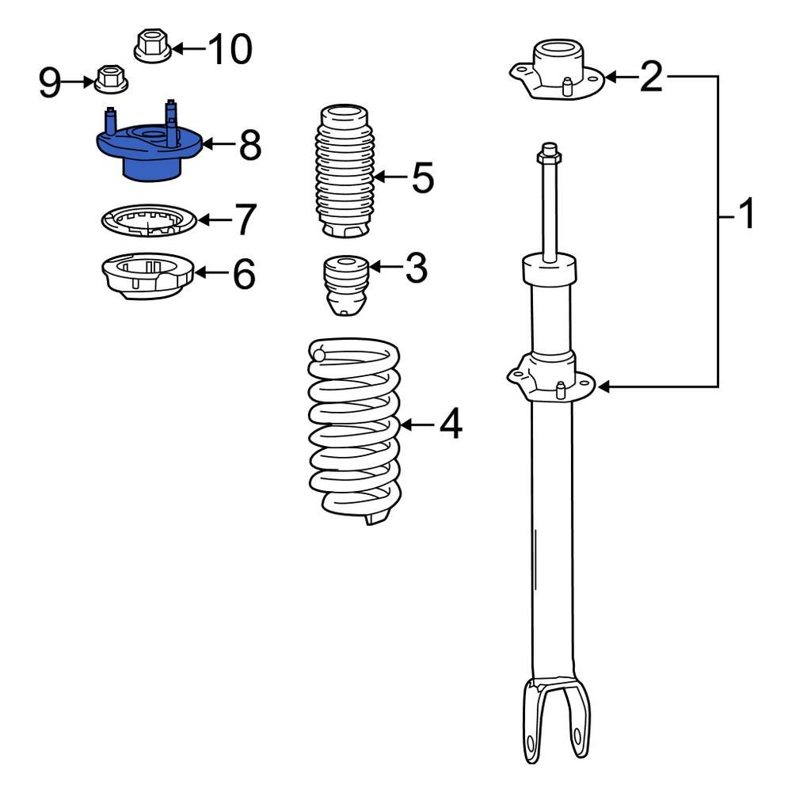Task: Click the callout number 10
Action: point(229,49)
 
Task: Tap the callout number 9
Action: point(50,82)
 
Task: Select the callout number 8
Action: point(249,146)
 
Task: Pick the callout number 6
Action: point(243,274)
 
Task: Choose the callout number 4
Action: point(450,425)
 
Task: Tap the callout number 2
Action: point(651,77)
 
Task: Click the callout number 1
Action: point(745,215)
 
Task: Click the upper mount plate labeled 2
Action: point(556,74)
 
